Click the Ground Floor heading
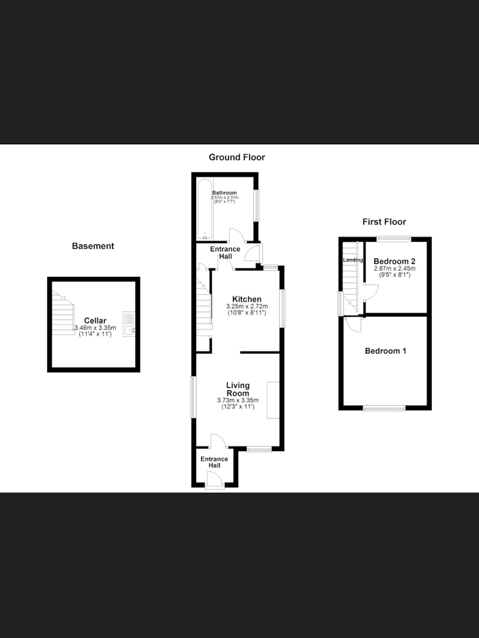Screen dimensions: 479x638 [237, 157]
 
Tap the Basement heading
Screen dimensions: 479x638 [93, 246]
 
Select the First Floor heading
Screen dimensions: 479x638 [384, 222]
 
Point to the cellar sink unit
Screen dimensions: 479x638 [129, 324]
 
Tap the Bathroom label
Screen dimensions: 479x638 [224, 193]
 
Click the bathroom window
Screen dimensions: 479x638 [257, 205]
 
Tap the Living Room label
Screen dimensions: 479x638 [238, 389]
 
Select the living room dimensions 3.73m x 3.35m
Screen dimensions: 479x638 [238, 401]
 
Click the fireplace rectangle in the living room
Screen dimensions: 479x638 [273, 400]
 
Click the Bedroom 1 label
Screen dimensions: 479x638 [385, 351]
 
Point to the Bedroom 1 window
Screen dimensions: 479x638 [384, 408]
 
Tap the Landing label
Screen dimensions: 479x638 [353, 260]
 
